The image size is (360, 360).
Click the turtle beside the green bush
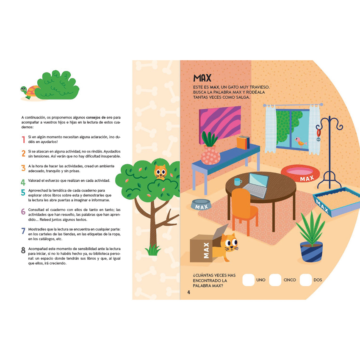[29, 92]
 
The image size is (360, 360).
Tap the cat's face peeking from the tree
[160, 171]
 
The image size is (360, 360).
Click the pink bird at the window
[300, 142]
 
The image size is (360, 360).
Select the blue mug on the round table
[238, 182]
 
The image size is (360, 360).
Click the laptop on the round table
[257, 185]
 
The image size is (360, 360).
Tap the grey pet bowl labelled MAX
[201, 204]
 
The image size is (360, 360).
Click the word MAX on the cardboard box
[206, 250]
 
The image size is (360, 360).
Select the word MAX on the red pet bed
[307, 178]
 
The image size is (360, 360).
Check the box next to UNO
[249, 280]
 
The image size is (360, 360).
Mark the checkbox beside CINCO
[275, 280]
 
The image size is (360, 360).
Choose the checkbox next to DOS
[306, 280]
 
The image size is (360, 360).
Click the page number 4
[189, 292]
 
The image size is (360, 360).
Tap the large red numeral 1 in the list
[23, 139]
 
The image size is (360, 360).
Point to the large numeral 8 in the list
[23, 250]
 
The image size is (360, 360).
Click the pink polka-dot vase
[210, 155]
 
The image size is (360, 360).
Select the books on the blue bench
[243, 143]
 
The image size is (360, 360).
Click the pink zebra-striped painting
[220, 124]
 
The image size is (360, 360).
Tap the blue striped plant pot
[311, 252]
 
